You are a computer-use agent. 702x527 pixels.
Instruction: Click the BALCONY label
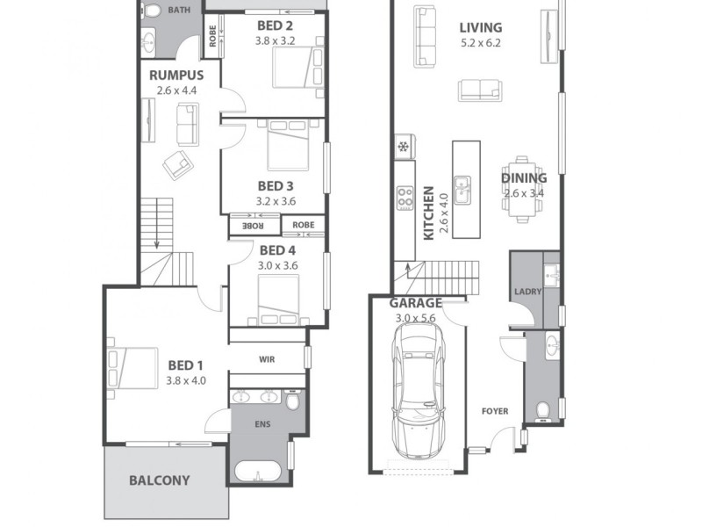click(160, 480)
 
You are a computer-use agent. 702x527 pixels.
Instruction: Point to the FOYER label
click(496, 411)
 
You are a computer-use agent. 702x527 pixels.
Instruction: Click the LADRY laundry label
click(527, 292)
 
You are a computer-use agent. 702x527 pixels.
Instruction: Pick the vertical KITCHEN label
click(428, 213)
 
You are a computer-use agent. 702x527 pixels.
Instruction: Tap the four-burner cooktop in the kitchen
click(405, 199)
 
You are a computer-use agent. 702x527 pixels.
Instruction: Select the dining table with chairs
click(523, 185)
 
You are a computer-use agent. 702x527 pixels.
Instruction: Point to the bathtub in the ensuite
click(258, 471)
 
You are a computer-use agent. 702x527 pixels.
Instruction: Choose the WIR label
click(268, 359)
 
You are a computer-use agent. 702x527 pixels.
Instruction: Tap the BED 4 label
click(277, 250)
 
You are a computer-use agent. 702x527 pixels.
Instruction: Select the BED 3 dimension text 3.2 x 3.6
click(276, 201)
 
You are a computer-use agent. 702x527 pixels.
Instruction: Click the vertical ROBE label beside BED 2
click(212, 35)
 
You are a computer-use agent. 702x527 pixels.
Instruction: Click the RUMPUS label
click(175, 76)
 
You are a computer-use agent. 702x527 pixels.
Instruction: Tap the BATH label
click(179, 11)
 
